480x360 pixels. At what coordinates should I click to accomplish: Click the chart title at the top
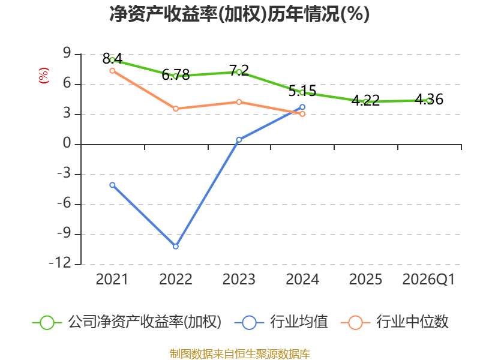pyautogui.click(x=239, y=14)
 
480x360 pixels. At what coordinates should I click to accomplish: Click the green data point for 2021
pyautogui.click(x=112, y=60)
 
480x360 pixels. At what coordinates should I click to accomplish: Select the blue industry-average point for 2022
pyautogui.click(x=176, y=246)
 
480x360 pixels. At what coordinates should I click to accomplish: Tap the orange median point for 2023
pyautogui.click(x=239, y=102)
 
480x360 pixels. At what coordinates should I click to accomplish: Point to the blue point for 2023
pyautogui.click(x=239, y=140)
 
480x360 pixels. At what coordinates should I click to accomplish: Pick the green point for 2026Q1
pyautogui.click(x=429, y=100)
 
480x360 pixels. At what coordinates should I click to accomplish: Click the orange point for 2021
pyautogui.click(x=112, y=71)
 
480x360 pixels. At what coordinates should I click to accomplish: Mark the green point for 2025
pyautogui.click(x=365, y=102)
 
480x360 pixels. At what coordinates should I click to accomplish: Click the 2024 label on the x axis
pyautogui.click(x=302, y=280)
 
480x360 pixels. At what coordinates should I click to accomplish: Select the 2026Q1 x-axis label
pyautogui.click(x=428, y=280)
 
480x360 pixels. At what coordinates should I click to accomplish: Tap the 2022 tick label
pyautogui.click(x=176, y=280)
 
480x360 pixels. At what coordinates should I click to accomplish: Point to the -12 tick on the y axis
pyautogui.click(x=61, y=264)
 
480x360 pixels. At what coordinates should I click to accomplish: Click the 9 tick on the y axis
pyautogui.click(x=67, y=54)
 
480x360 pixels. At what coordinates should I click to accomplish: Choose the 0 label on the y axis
pyautogui.click(x=67, y=144)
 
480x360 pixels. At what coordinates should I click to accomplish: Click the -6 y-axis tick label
pyautogui.click(x=64, y=204)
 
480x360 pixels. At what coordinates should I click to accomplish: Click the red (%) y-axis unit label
pyautogui.click(x=43, y=76)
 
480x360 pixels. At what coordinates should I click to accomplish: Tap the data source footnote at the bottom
pyautogui.click(x=239, y=353)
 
